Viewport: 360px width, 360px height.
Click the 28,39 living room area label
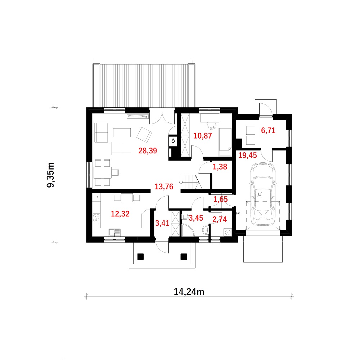click(148, 151)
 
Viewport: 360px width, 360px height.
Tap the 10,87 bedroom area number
click(202, 136)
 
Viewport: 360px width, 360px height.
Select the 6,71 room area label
click(268, 131)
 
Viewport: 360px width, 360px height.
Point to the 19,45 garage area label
click(247, 156)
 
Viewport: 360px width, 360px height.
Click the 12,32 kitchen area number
click(120, 214)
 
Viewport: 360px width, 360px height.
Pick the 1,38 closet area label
click(220, 167)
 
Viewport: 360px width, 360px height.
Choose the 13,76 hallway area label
click(164, 186)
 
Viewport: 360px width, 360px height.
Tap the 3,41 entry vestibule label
click(162, 223)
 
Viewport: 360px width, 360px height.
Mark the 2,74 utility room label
click(220, 220)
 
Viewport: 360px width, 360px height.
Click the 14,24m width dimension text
click(189, 292)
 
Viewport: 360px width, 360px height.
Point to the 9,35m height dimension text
click(50, 175)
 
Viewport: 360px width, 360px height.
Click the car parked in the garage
click(263, 194)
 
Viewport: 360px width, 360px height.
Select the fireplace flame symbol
click(173, 140)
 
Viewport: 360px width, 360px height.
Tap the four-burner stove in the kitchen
click(96, 218)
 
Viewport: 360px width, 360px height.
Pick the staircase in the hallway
click(191, 182)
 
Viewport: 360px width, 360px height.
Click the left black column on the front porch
click(140, 256)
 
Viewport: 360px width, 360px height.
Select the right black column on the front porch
click(184, 256)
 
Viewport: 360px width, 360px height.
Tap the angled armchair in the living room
click(144, 135)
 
